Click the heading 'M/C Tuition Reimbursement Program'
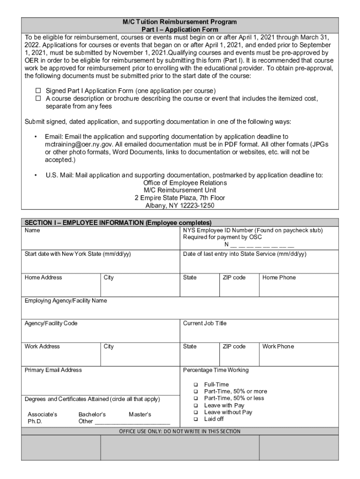(x=180, y=22)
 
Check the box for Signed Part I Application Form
(x=39, y=90)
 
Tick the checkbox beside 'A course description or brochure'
(x=39, y=99)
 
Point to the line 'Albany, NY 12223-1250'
(x=180, y=205)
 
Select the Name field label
(x=32, y=231)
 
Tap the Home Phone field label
(x=279, y=277)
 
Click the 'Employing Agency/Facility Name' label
(x=65, y=301)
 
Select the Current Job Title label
(x=204, y=323)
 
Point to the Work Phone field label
(x=278, y=347)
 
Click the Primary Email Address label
(x=53, y=370)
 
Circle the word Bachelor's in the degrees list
(x=92, y=414)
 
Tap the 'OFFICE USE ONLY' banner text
(x=180, y=431)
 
